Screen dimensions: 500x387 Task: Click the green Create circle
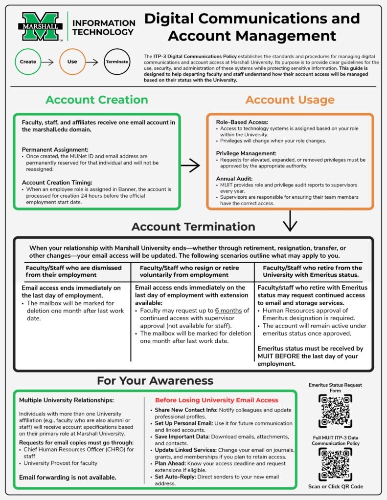pos(28,62)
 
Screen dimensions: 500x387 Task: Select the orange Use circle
pos(72,62)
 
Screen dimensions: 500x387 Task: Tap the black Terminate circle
pos(117,62)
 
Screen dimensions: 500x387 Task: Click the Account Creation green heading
pos(96,100)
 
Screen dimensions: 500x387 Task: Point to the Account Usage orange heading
pos(290,100)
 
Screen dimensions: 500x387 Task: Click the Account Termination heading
pos(193,227)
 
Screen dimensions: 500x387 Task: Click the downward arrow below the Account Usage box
pos(290,221)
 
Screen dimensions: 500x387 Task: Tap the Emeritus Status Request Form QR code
pos(335,411)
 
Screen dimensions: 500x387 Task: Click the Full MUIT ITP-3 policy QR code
pos(335,464)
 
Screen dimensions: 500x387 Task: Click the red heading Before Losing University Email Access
pos(216,400)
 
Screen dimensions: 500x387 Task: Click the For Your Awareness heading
pos(155,381)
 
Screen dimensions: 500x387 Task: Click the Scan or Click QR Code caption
pos(335,486)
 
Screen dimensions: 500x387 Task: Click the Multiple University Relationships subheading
pos(66,400)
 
